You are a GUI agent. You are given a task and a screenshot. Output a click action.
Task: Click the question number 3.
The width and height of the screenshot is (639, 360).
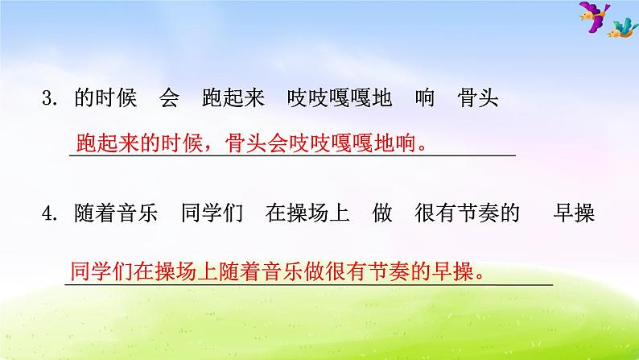pos(52,99)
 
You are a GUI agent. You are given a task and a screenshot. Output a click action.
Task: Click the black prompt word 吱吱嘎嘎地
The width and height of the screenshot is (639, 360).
pos(340,99)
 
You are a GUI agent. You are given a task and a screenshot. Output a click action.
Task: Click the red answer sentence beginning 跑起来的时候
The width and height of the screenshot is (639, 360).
pos(258,143)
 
